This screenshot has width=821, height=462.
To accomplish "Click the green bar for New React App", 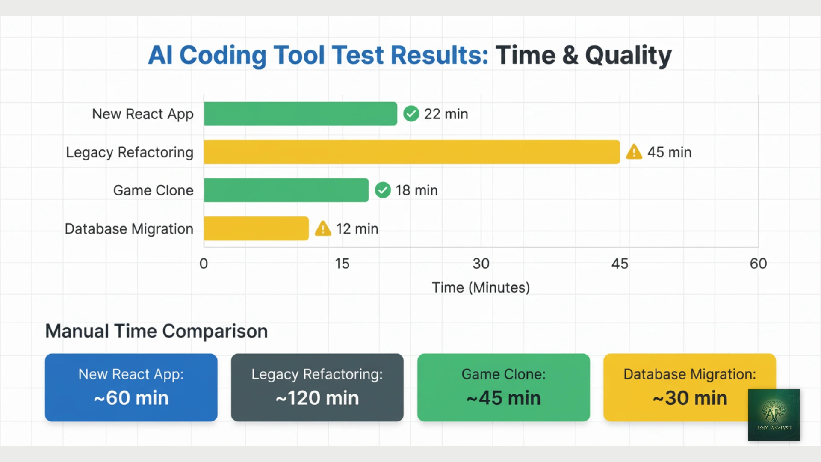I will tap(300, 114).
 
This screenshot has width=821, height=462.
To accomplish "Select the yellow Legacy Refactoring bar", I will tap(411, 152).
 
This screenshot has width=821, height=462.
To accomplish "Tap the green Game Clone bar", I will tap(286, 190).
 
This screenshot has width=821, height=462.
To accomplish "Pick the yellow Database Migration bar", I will tap(256, 228).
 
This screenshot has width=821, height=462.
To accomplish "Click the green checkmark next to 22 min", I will tap(411, 114).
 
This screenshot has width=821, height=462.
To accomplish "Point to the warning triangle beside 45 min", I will tap(634, 152).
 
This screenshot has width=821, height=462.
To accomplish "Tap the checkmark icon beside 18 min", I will tap(383, 190).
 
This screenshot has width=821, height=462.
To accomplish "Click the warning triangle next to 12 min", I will tap(323, 229).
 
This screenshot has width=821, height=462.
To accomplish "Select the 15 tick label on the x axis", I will tap(342, 264).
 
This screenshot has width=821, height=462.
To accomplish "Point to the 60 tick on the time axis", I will tap(758, 264).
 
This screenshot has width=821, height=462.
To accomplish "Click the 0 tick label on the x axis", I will tap(204, 264).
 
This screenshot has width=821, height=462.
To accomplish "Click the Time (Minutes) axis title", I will tap(481, 287).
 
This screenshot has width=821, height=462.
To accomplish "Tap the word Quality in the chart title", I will tap(628, 56).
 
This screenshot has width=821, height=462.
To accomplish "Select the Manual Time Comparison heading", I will tap(157, 331).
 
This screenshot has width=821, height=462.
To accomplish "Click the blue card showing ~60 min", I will tap(131, 387).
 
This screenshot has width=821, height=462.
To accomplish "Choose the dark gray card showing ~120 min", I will tap(317, 387).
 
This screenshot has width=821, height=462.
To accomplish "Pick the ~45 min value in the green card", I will tap(503, 398).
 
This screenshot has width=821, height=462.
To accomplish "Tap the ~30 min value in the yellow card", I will tap(689, 398).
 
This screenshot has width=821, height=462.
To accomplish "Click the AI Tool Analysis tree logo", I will tap(774, 415).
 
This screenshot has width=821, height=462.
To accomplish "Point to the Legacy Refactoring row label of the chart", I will tap(130, 152).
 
